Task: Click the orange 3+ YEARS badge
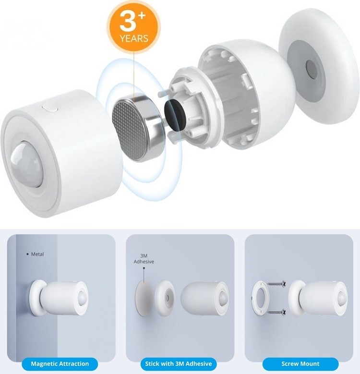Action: pos(133,26)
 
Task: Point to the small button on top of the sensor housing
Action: pos(50,109)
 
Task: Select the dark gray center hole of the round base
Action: pos(312,69)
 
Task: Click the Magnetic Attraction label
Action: pos(60,364)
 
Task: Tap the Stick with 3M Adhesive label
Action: pos(179,364)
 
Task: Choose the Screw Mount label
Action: pos(300,364)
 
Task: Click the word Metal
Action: pos(37,254)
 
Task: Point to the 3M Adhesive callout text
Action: pos(144,259)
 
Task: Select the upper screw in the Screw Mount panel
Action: pos(276,284)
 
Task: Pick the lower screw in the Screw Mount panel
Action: pos(276,312)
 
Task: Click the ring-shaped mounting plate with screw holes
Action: pos(260,298)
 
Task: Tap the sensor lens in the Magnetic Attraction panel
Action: pos(82,298)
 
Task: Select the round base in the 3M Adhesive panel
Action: pos(165,298)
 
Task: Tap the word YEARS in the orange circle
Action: pos(134,38)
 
